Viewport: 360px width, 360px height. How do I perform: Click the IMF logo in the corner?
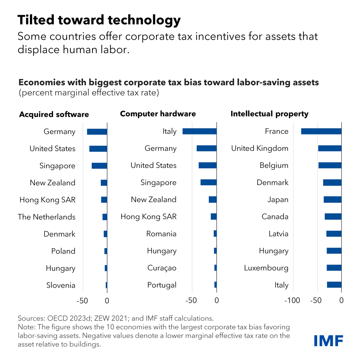point(328,340)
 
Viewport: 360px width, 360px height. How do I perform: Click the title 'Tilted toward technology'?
point(99,20)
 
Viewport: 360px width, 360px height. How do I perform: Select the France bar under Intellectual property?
point(321,131)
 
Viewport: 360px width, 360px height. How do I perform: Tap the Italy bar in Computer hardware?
point(199,131)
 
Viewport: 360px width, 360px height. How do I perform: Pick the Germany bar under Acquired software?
point(97,131)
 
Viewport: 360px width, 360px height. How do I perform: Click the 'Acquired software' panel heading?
point(54,114)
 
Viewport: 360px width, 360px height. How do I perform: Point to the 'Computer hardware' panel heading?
point(158,114)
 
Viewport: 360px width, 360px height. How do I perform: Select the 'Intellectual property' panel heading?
point(269,114)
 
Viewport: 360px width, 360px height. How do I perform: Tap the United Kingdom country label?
point(260,148)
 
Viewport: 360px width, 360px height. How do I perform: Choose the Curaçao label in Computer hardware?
point(162,268)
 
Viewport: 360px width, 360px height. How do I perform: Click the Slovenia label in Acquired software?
point(61,285)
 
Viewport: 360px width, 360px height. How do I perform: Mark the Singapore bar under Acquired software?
point(99,166)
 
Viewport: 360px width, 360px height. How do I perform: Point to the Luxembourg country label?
point(266,268)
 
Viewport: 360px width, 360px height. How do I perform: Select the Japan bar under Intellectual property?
point(332,199)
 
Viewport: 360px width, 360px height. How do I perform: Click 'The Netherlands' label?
point(47,217)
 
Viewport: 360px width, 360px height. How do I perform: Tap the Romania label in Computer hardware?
point(161,233)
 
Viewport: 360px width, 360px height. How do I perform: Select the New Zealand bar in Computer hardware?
point(213,199)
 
